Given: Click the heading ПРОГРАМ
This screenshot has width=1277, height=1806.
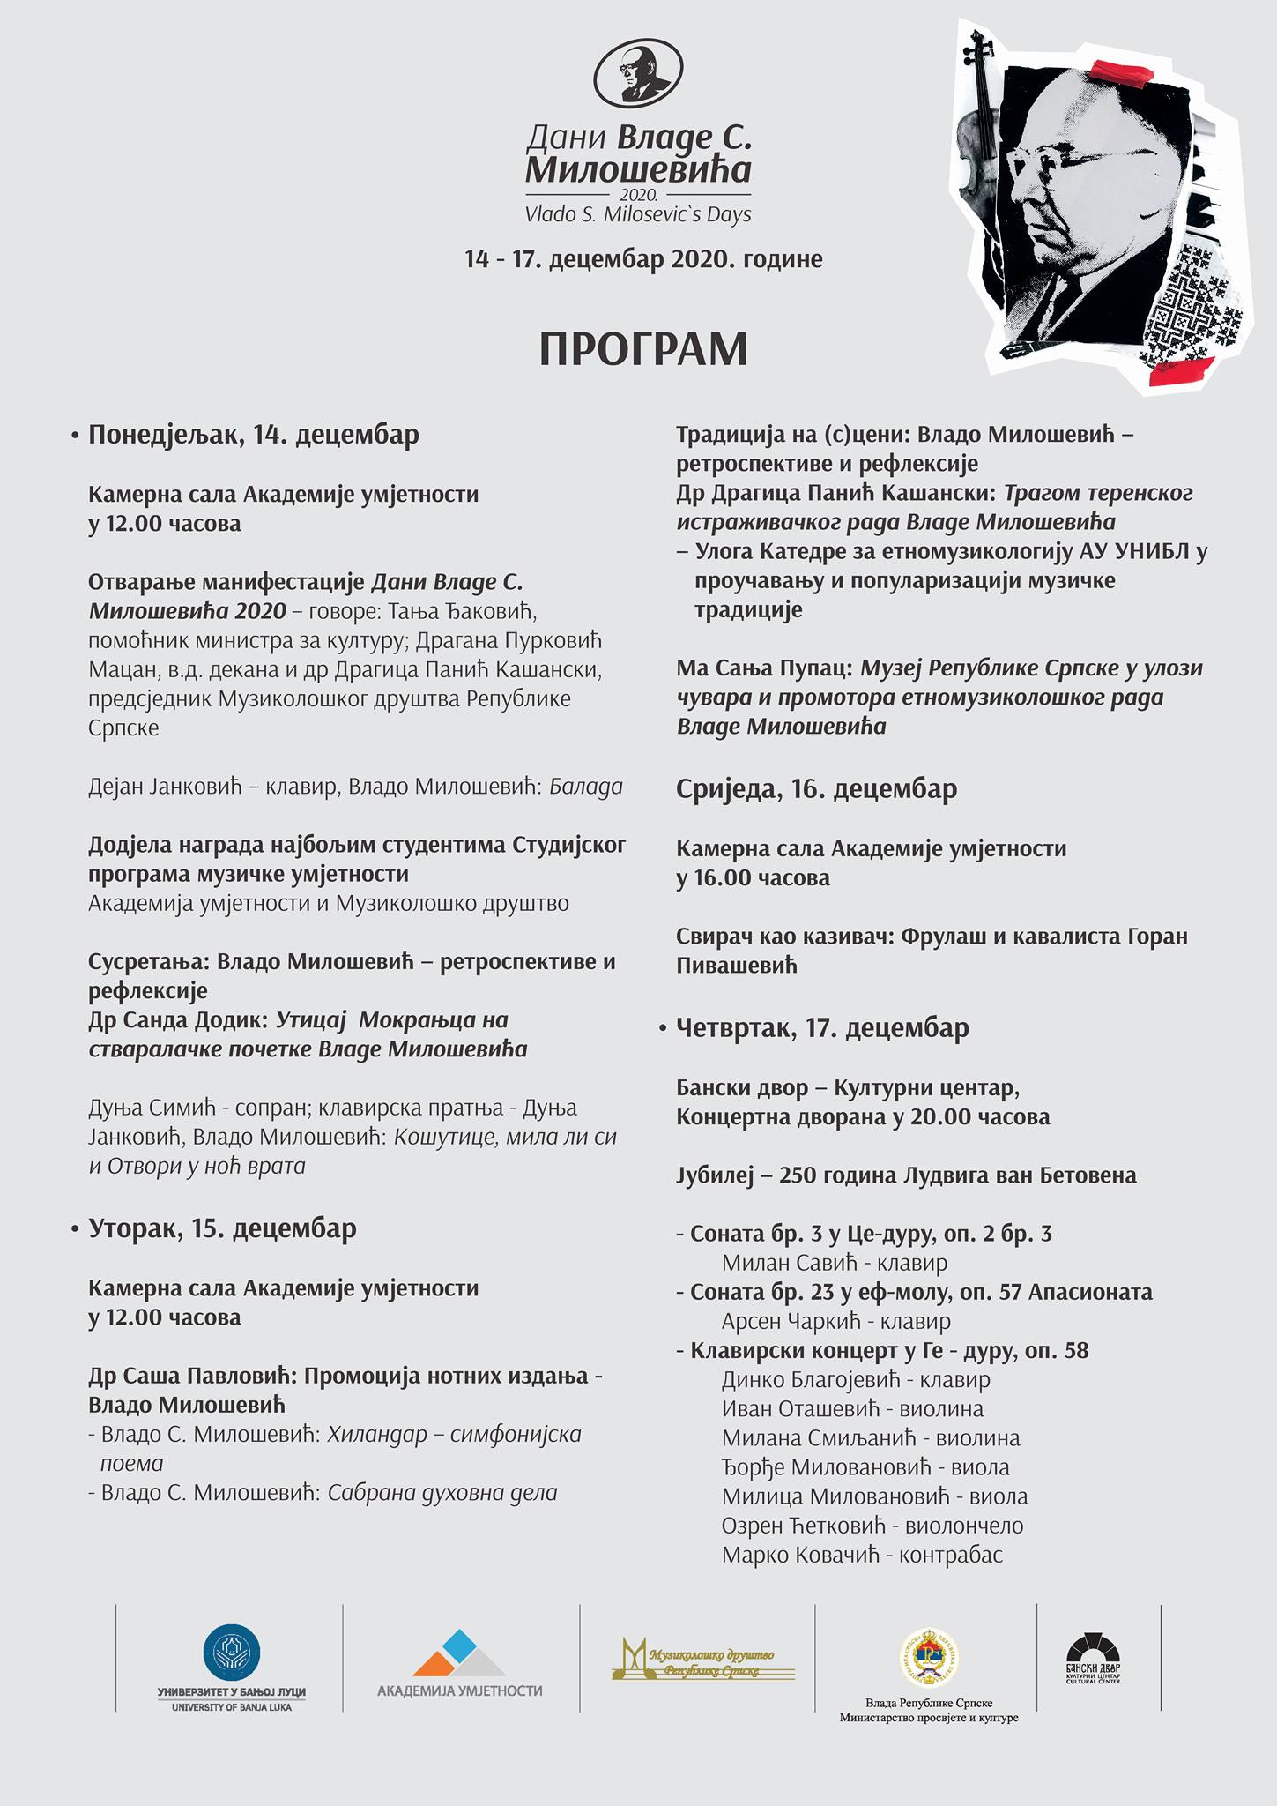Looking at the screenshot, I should tap(643, 349).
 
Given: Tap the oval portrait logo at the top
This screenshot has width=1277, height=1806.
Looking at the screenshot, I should tap(638, 76).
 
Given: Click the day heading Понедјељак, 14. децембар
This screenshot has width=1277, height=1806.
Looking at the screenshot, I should tap(253, 435).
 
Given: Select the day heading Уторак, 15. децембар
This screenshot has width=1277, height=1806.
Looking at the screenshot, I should tap(222, 1228).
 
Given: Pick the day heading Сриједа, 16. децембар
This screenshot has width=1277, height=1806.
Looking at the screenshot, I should tap(816, 788).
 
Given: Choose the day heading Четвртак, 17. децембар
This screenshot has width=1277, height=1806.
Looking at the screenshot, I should tap(822, 1027).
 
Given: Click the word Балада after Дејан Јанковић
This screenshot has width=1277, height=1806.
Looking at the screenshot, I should tap(586, 787).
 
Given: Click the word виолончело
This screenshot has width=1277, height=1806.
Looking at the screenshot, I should tap(964, 1526).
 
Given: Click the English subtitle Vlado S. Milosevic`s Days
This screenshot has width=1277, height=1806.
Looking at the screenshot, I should tap(638, 214).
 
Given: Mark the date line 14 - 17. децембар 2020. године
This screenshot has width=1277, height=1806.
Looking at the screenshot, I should tap(643, 259).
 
